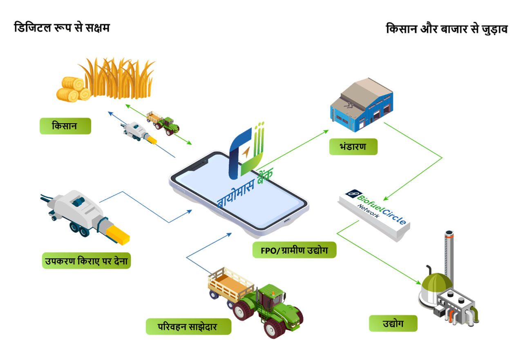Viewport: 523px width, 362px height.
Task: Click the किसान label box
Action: click(65, 126)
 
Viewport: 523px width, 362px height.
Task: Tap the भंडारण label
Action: click(353, 147)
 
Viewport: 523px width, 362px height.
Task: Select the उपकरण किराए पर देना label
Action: click(86, 260)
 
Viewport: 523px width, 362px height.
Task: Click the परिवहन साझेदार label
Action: click(188, 326)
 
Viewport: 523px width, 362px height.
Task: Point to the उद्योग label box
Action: click(393, 323)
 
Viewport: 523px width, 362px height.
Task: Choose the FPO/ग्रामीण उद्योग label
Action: click(294, 250)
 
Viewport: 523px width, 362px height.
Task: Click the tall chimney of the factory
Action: click(449, 253)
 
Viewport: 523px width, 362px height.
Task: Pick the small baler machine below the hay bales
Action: click(137, 132)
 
